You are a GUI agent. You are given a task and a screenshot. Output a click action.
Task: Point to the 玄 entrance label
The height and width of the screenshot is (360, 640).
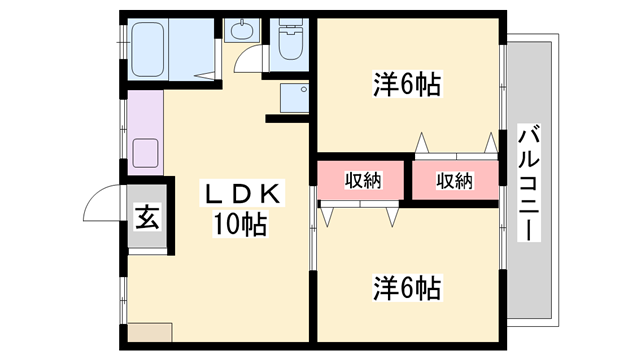pyautogui.click(x=146, y=216)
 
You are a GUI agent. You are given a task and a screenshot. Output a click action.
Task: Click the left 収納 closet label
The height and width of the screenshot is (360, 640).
pyautogui.click(x=364, y=181)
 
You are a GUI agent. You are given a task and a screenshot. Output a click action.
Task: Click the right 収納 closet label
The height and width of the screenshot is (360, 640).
pyautogui.click(x=454, y=181)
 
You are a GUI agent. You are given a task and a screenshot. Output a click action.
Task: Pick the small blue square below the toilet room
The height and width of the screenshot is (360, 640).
pyautogui.click(x=296, y=98)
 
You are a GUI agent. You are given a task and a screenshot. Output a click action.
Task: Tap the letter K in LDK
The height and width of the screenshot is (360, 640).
pyautogui.click(x=276, y=192)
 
